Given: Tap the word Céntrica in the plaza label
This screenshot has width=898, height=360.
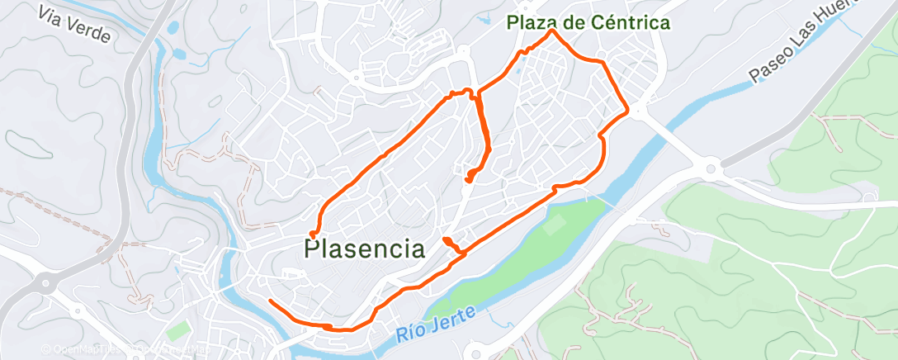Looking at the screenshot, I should [631, 23].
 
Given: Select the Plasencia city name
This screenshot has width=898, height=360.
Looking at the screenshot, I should [366, 249].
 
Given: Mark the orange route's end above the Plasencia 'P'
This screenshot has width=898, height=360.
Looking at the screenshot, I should [313, 236].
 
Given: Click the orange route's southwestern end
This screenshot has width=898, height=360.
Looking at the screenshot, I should [271, 301].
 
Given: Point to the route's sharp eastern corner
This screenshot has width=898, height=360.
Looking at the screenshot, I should [628, 111].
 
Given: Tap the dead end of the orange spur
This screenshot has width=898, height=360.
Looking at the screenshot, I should [468, 178].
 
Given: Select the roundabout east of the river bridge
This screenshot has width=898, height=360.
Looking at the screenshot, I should [709, 170].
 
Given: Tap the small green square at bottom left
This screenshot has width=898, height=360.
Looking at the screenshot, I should [177, 334].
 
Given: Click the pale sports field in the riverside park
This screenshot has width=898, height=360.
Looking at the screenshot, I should [556, 223].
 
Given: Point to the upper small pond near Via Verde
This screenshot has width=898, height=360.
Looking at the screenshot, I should [173, 27].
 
